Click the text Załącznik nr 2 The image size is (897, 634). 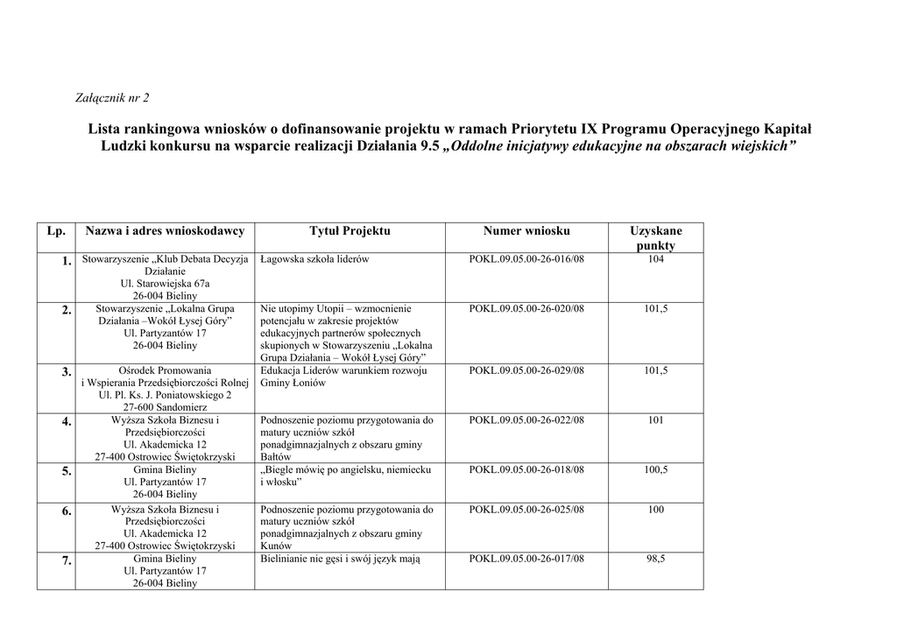[113, 97]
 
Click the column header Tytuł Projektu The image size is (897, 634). [350, 231]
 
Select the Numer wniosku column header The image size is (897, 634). [526, 231]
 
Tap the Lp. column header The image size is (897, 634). [56, 231]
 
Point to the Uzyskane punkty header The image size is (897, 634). [655, 238]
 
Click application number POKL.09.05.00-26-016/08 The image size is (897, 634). [526, 260]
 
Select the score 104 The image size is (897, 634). [655, 260]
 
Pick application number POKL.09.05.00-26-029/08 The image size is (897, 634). [526, 371]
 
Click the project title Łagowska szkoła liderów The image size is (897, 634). [314, 260]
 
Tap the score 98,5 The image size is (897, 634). [655, 559]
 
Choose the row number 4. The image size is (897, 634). [66, 422]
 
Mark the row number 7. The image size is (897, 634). [66, 560]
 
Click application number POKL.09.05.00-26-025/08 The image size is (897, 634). [526, 510]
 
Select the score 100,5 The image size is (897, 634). [655, 470]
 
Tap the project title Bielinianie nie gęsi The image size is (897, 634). [340, 559]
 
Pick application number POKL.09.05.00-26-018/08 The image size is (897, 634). [526, 470]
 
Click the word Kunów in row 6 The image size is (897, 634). [275, 546]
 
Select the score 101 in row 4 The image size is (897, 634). [655, 420]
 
